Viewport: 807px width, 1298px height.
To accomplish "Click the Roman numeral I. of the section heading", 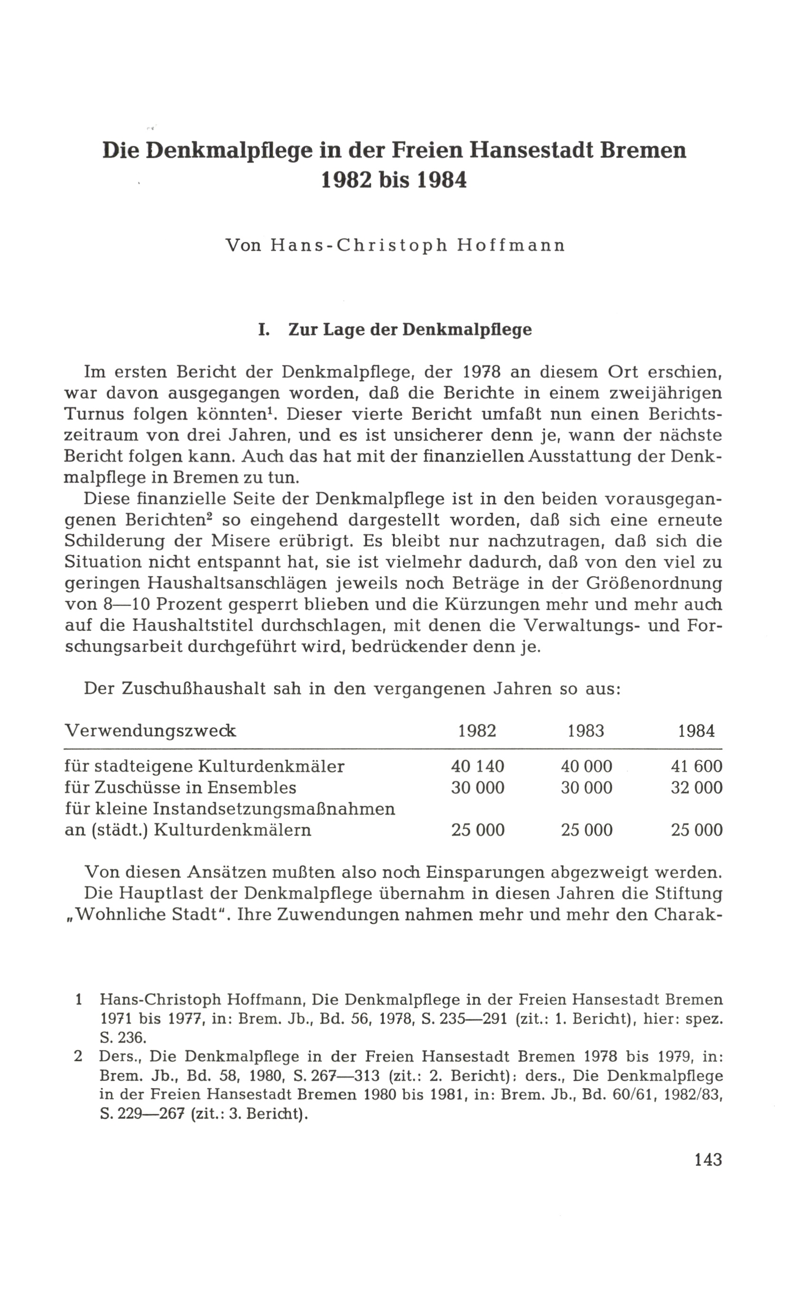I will pyautogui.click(x=263, y=329).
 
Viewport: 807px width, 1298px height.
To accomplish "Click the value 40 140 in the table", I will pyautogui.click(x=477, y=766).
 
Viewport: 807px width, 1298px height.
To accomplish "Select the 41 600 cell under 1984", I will pyautogui.click(x=696, y=766).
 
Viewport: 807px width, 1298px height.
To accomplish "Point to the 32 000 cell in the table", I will pyautogui.click(x=696, y=788).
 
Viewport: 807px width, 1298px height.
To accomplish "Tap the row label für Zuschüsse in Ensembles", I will pyautogui.click(x=180, y=788).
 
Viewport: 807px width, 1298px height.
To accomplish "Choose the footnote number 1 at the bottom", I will pyautogui.click(x=78, y=999).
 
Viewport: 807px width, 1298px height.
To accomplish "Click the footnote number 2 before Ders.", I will pyautogui.click(x=78, y=1056).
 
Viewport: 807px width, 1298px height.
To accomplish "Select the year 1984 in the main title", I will pyautogui.click(x=440, y=181).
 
